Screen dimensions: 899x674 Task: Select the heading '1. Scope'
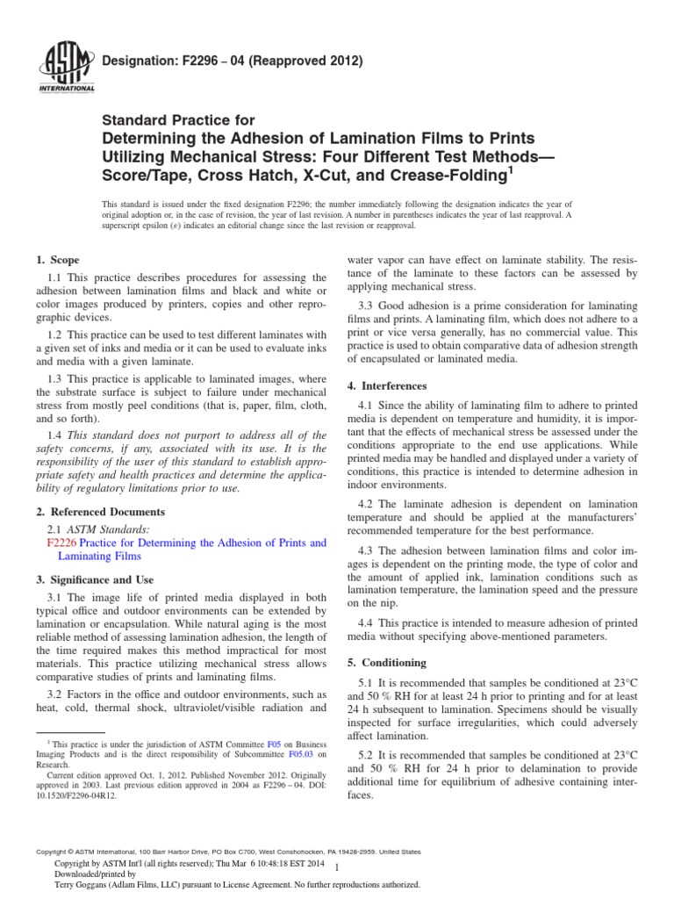[57, 260]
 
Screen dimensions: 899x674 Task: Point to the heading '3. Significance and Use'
[95, 579]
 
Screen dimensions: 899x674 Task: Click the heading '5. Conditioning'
[387, 662]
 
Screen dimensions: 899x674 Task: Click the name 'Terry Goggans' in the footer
[83, 887]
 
